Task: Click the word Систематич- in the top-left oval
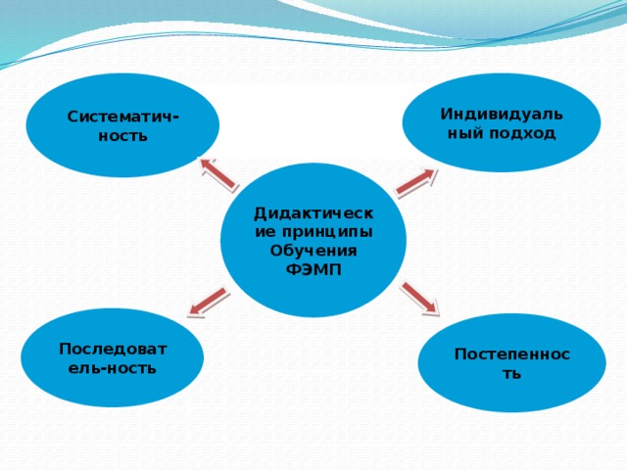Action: [x=121, y=117]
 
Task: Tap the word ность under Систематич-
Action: [x=123, y=135]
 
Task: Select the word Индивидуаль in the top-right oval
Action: [x=501, y=114]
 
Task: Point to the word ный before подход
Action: [x=464, y=132]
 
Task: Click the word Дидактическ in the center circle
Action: [x=313, y=212]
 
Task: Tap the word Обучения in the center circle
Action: [x=313, y=251]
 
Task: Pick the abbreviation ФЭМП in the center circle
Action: [x=314, y=269]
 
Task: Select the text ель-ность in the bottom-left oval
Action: [x=112, y=368]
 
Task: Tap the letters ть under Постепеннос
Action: [x=512, y=373]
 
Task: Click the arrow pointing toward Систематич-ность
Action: [x=217, y=173]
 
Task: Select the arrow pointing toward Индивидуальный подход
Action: [x=416, y=182]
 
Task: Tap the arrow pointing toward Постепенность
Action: [x=419, y=298]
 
